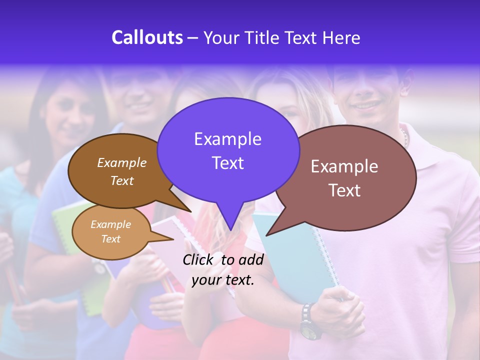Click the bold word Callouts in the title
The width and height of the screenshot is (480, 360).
tap(147, 37)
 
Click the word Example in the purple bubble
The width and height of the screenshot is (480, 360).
tap(227, 139)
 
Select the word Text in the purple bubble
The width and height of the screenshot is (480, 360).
tap(227, 163)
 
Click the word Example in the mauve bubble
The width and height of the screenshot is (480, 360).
tap(344, 166)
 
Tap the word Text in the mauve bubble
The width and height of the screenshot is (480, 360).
tap(344, 190)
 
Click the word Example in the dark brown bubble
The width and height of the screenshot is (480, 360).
tap(122, 162)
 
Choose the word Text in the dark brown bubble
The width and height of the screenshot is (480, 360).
tap(122, 180)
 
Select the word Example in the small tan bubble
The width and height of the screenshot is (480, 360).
tap(110, 224)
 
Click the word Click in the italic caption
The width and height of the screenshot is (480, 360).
tap(198, 259)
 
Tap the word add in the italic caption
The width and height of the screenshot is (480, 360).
tap(251, 259)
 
